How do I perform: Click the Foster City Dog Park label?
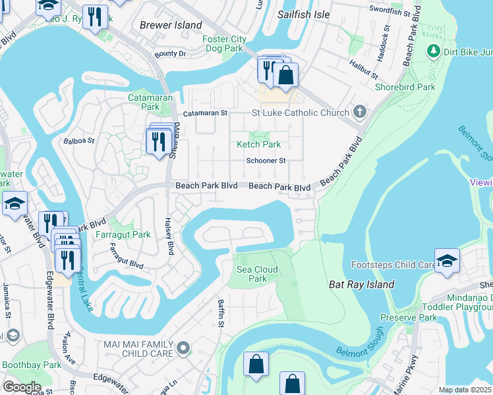(x=224, y=44)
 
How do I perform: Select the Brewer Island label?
(x=171, y=25)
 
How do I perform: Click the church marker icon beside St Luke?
(x=360, y=112)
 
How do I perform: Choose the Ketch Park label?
(x=258, y=144)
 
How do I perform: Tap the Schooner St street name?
(x=266, y=160)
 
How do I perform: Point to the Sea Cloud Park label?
(x=257, y=274)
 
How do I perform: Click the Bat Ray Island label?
(x=361, y=284)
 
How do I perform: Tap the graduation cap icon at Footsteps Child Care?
(x=447, y=260)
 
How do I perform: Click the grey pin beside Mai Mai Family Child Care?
(x=184, y=347)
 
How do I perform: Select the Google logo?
(x=22, y=387)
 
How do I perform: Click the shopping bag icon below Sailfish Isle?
(x=285, y=75)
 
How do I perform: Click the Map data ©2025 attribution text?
(x=464, y=390)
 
